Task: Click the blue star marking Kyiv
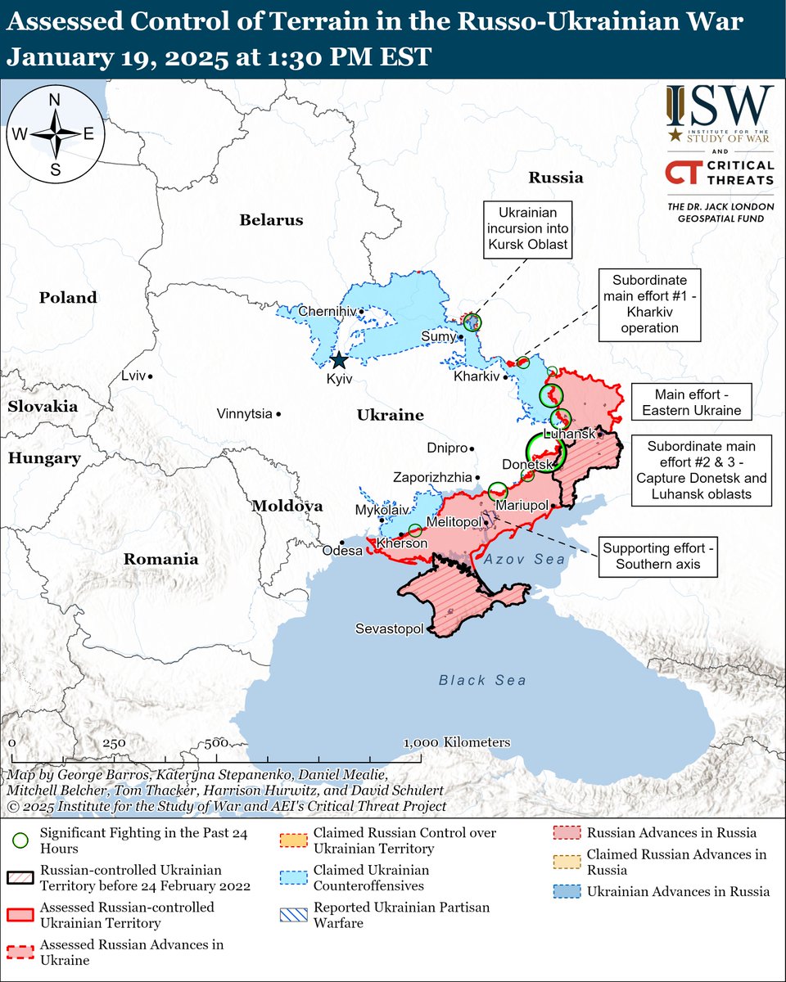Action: click(x=338, y=360)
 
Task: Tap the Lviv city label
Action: click(x=132, y=376)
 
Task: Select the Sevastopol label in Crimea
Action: click(x=389, y=628)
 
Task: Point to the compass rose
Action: click(x=56, y=134)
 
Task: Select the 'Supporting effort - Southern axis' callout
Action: click(x=657, y=556)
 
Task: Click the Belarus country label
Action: click(x=271, y=219)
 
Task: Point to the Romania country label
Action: click(x=160, y=560)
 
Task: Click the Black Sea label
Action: click(x=482, y=680)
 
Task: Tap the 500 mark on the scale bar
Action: click(x=216, y=743)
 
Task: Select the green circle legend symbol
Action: click(x=20, y=840)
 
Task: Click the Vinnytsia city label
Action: click(x=244, y=414)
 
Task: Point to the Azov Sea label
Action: click(x=523, y=559)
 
